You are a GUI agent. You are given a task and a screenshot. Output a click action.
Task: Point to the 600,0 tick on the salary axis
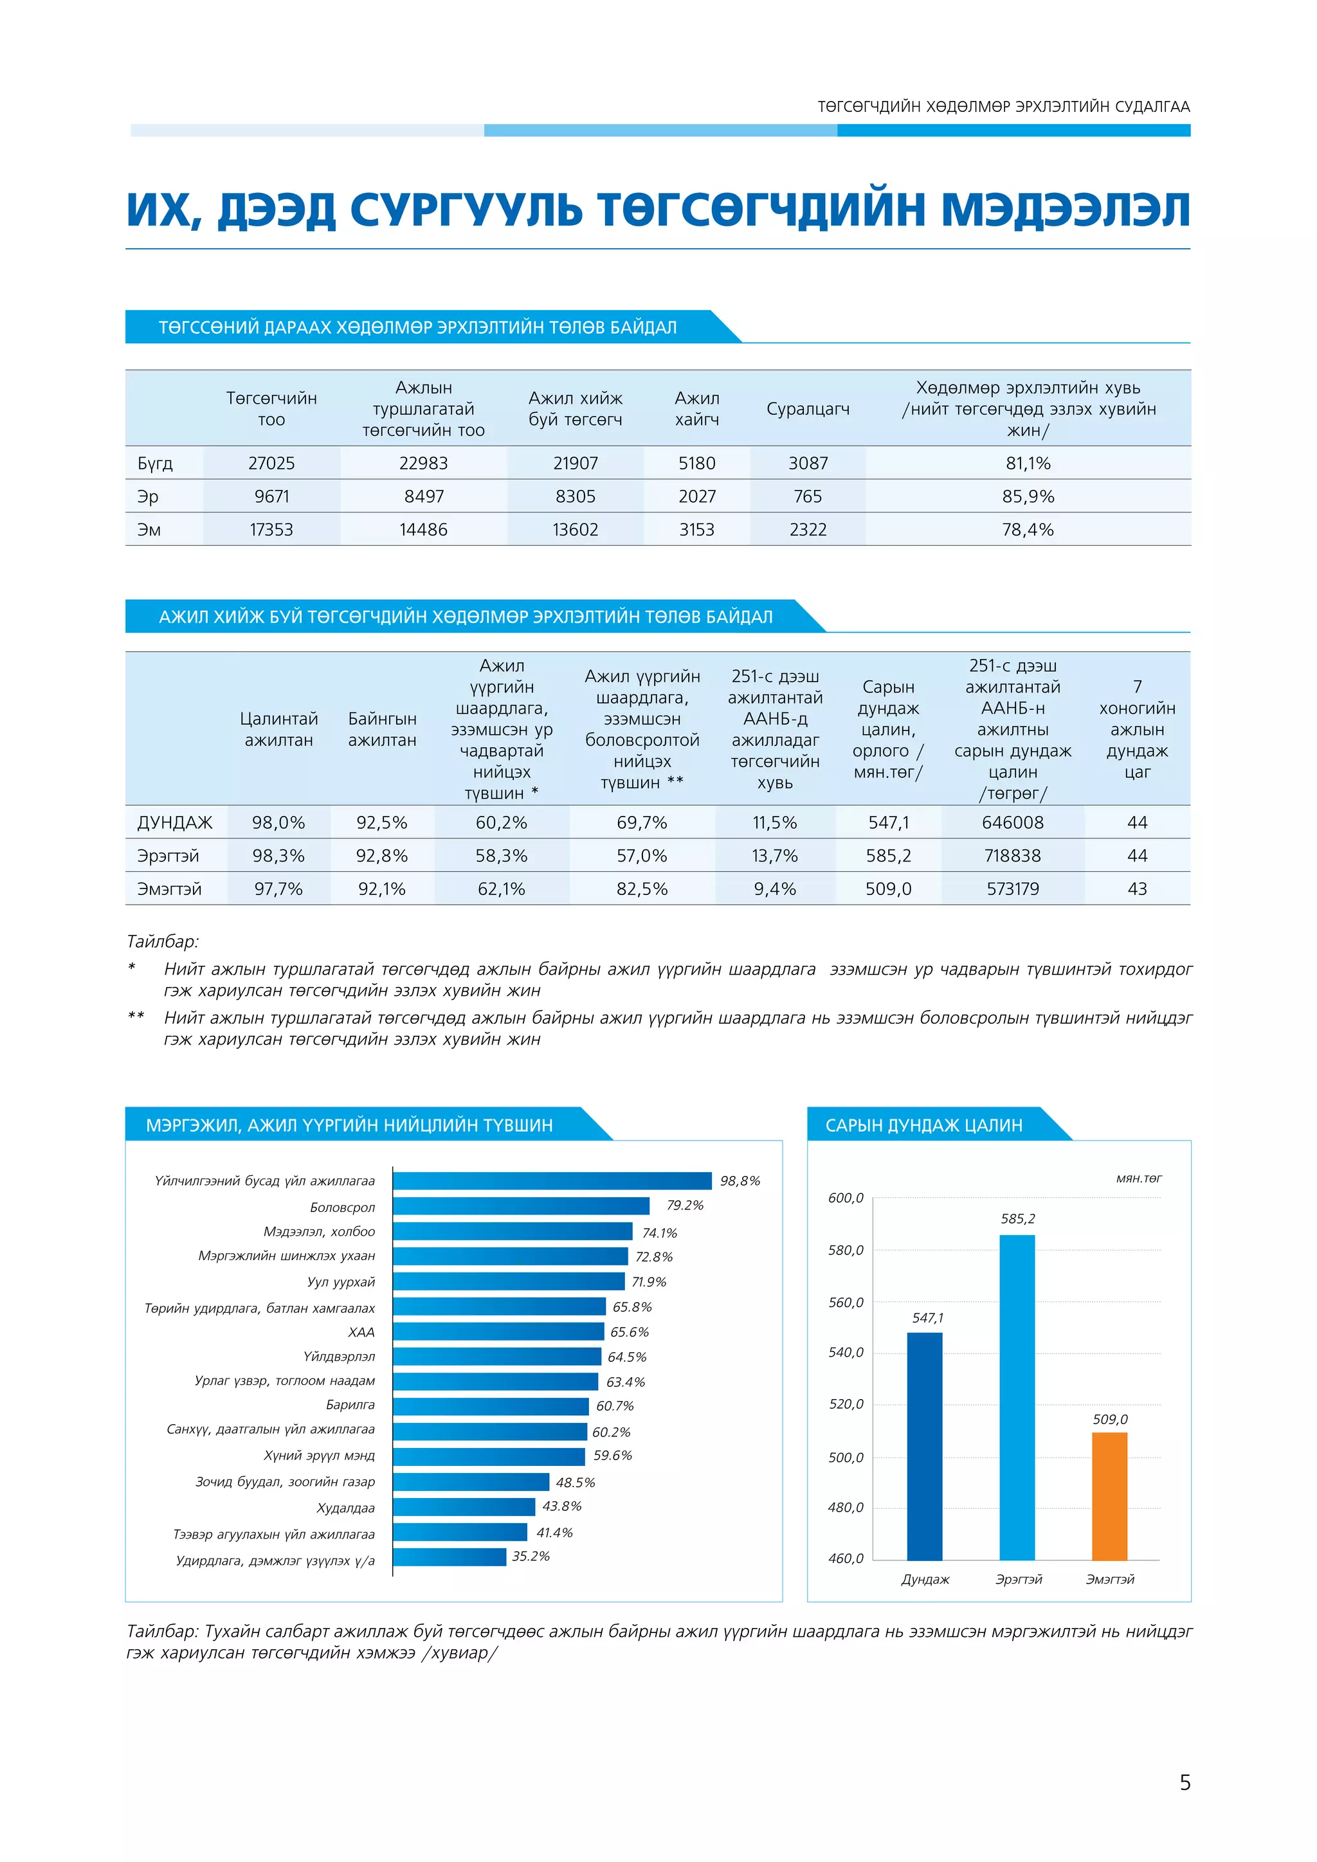click(x=846, y=1198)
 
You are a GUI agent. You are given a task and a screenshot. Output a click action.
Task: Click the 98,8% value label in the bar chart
click(x=740, y=1180)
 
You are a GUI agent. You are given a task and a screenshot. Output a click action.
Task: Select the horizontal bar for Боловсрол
click(x=521, y=1206)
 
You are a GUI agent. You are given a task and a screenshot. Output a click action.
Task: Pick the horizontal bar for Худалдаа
click(x=464, y=1507)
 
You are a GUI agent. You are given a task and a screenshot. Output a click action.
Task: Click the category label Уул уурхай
click(x=341, y=1282)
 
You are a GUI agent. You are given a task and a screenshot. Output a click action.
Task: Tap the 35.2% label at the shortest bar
click(x=531, y=1556)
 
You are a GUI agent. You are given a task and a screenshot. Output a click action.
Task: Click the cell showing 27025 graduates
click(x=271, y=463)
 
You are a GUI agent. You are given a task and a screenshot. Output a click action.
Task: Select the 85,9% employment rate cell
click(x=1028, y=496)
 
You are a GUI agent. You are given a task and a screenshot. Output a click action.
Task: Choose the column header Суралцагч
click(x=808, y=409)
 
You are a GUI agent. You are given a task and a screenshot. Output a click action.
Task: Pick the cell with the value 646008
click(x=1012, y=822)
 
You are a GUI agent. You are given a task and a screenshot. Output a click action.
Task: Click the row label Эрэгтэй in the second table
click(x=168, y=856)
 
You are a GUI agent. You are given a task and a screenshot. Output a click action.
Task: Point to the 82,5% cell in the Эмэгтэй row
click(x=642, y=889)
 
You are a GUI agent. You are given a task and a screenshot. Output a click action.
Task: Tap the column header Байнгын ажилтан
click(x=382, y=729)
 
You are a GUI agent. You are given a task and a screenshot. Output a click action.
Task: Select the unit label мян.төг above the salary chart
click(x=1139, y=1179)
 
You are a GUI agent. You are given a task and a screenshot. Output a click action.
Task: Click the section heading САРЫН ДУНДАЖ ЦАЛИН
click(x=923, y=1125)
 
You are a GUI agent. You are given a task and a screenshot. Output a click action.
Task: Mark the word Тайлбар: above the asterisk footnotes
click(x=162, y=941)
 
